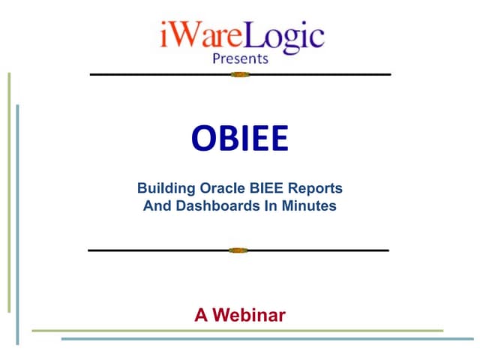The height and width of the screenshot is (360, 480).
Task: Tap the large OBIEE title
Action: coord(239,138)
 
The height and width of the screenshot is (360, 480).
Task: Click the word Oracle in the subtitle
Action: coord(219,187)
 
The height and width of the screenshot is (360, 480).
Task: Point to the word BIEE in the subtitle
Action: coord(265,187)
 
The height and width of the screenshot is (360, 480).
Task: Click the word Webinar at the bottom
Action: coord(249,315)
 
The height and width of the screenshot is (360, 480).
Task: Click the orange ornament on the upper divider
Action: coord(239,74)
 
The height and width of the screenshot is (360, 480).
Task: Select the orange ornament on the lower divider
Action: coord(238,250)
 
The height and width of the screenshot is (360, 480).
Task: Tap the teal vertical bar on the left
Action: coord(17,225)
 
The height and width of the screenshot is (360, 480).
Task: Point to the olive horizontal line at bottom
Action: coord(237,330)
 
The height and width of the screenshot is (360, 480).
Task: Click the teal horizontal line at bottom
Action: coord(270,339)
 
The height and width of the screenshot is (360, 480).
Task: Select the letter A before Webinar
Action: coord(200,315)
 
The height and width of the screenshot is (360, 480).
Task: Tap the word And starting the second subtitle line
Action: coord(156,205)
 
